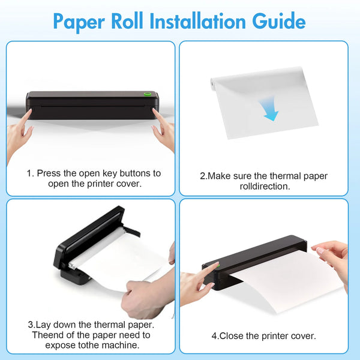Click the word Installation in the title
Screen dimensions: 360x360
(x=197, y=21)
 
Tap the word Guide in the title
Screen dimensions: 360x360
(x=279, y=21)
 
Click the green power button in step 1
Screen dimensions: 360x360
(x=147, y=94)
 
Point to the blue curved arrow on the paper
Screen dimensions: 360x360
(x=269, y=109)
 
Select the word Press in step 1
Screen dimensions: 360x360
(x=49, y=173)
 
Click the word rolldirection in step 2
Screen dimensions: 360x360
(x=265, y=186)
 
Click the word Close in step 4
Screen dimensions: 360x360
(x=232, y=336)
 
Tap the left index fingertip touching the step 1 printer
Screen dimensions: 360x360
(x=29, y=111)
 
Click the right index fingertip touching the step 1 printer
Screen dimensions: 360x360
(x=155, y=110)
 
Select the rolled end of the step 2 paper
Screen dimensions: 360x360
(x=212, y=84)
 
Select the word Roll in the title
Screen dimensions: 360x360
(x=127, y=21)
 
